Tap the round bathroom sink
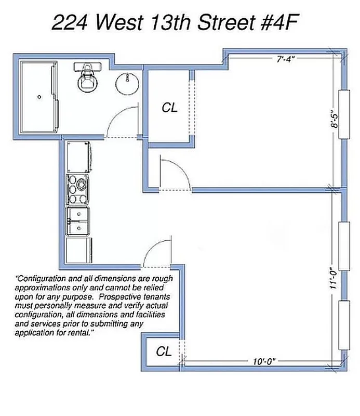click(x=125, y=83)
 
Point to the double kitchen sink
click(x=78, y=222)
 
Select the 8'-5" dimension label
click(x=336, y=118)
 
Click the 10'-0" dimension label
click(x=263, y=360)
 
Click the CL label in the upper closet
click(x=169, y=108)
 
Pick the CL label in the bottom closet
click(x=164, y=352)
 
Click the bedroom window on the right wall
click(x=343, y=114)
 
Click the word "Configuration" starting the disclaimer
click(x=42, y=278)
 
